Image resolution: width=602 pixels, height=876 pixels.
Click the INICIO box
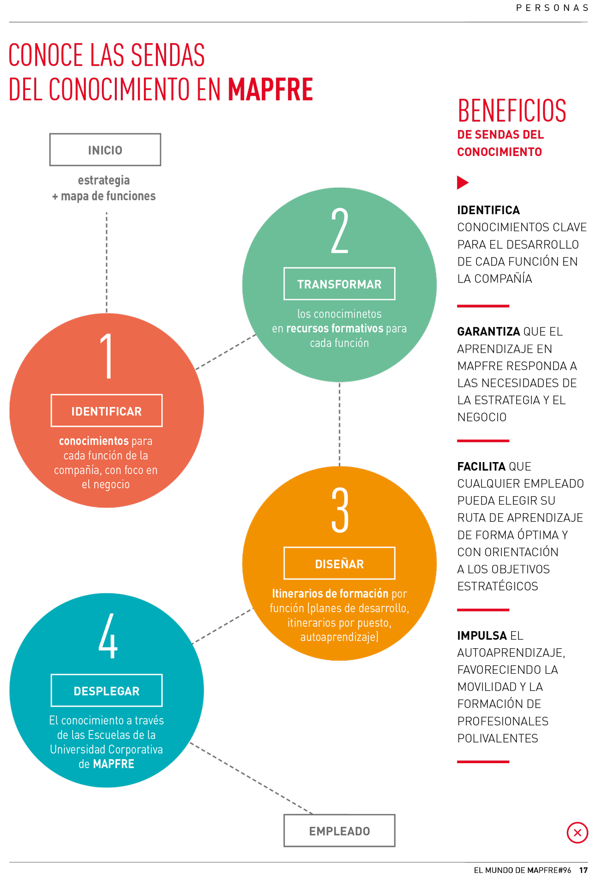click(105, 150)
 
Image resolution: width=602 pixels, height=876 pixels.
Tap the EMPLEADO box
click(340, 830)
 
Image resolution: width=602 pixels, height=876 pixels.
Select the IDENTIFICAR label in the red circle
click(107, 411)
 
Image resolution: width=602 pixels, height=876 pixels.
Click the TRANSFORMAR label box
click(340, 284)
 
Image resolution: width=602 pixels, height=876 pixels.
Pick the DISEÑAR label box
click(340, 563)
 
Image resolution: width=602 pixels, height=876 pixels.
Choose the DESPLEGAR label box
click(107, 691)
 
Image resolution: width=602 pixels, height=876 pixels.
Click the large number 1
click(107, 356)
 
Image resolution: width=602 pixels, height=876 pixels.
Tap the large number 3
click(340, 510)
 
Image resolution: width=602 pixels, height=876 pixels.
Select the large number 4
click(108, 636)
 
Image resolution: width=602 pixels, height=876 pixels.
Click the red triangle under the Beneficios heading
click(463, 183)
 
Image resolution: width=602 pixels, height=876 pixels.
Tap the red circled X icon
click(577, 833)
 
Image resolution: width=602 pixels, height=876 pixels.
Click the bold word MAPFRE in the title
click(270, 89)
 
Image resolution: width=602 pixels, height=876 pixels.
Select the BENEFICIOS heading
click(512, 111)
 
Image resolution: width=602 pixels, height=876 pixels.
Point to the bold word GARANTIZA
click(489, 332)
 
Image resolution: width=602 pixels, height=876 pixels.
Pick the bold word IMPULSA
click(482, 636)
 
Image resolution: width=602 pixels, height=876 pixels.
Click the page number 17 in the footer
click(583, 870)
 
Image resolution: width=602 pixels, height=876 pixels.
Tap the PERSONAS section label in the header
click(552, 8)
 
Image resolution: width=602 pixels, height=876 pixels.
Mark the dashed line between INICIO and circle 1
click(107, 262)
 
